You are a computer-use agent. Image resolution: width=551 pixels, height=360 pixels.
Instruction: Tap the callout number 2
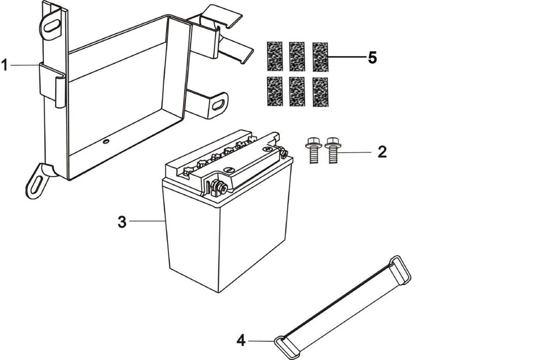pyautogui.click(x=382, y=152)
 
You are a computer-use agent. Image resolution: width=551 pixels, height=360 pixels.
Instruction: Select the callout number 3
pyautogui.click(x=122, y=222)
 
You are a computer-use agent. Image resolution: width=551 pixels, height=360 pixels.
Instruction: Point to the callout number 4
pyautogui.click(x=241, y=341)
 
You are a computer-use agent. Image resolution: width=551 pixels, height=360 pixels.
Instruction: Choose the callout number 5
pyautogui.click(x=372, y=58)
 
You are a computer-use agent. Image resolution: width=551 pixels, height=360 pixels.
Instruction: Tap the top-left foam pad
pyautogui.click(x=275, y=56)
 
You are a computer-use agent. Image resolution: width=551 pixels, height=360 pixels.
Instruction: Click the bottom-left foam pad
pyautogui.click(x=275, y=91)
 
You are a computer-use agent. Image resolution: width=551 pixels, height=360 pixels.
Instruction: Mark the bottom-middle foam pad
pyautogui.click(x=297, y=91)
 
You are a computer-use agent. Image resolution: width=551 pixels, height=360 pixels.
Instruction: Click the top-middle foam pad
pyautogui.click(x=297, y=56)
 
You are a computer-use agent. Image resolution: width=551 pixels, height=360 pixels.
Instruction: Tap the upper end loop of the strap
pyautogui.click(x=400, y=267)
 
